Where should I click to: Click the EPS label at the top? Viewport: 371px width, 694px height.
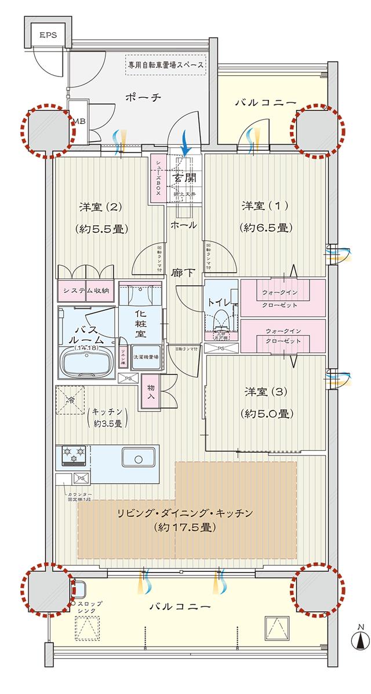pyautogui.click(x=48, y=35)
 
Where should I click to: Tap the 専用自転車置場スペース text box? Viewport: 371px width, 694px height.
pyautogui.click(x=166, y=65)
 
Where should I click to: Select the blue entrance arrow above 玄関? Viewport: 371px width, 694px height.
pyautogui.click(x=185, y=142)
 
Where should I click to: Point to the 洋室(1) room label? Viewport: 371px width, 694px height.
pyautogui.click(x=264, y=205)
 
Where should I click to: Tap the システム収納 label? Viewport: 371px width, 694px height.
pyautogui.click(x=86, y=291)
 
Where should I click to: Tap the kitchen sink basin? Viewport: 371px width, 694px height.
pyautogui.click(x=138, y=459)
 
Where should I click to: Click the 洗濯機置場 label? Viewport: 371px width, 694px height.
pyautogui.click(x=147, y=358)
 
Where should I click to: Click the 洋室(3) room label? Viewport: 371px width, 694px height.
pyautogui.click(x=264, y=392)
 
